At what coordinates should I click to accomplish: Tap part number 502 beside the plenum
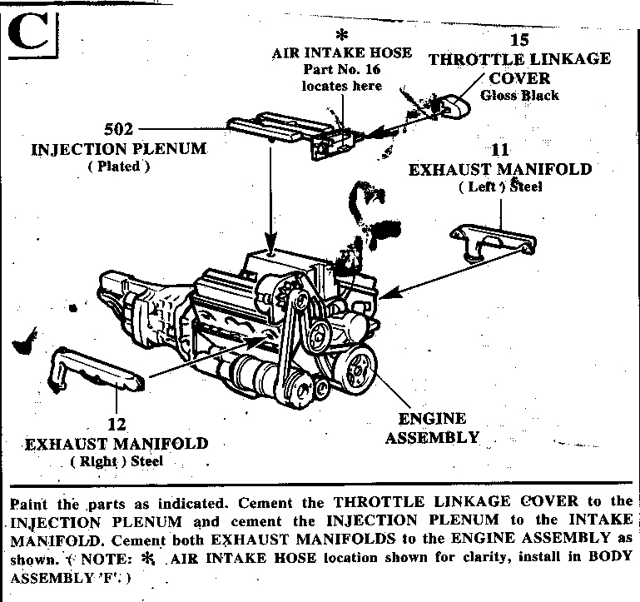(x=121, y=130)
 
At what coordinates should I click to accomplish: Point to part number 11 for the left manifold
(x=500, y=151)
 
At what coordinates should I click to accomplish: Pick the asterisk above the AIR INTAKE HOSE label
(x=340, y=36)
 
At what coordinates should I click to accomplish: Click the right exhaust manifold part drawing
(x=96, y=371)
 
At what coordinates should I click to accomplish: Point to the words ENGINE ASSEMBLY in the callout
(x=433, y=427)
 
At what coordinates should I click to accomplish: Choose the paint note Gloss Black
(x=519, y=95)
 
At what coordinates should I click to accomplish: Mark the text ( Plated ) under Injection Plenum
(x=119, y=167)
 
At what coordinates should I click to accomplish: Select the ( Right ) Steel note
(x=117, y=460)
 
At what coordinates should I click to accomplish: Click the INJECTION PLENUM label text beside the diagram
(x=120, y=150)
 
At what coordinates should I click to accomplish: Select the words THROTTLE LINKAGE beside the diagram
(x=519, y=59)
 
